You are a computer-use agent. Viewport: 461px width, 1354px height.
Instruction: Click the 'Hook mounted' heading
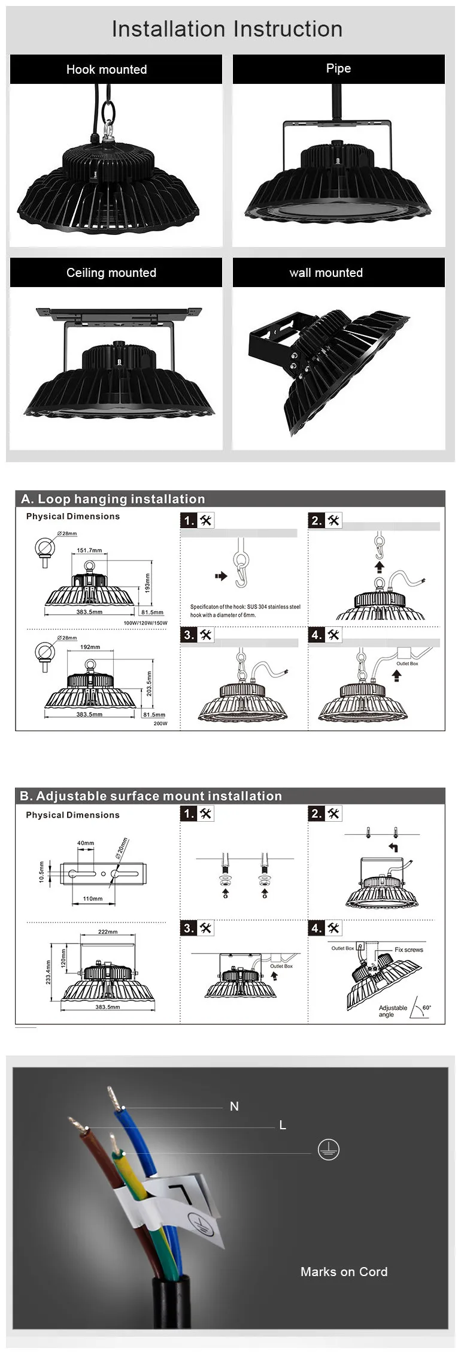[107, 70]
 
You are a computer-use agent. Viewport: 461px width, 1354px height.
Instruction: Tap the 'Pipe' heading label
[338, 68]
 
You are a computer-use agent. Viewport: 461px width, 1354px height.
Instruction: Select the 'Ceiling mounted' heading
[111, 273]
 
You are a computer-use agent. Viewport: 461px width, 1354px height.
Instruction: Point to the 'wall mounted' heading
[326, 273]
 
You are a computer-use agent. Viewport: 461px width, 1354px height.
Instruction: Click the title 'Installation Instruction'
[227, 29]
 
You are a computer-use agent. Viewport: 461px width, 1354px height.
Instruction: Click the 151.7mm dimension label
[89, 550]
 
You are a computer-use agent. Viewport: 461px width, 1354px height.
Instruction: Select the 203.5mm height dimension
[149, 683]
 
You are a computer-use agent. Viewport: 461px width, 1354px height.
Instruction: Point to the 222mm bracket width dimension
[108, 932]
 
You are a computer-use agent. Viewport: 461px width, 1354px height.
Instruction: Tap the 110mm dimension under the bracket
[92, 899]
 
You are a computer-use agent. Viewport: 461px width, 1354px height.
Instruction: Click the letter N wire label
[234, 1106]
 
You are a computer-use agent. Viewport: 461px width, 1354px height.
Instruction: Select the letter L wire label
[283, 1125]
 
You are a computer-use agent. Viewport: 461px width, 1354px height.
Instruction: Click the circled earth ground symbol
[328, 1149]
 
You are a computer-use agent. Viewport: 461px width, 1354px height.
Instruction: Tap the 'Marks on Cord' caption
[344, 1272]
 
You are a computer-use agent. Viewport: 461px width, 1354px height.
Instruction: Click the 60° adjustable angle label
[426, 1008]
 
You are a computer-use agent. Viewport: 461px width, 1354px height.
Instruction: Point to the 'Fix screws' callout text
[409, 950]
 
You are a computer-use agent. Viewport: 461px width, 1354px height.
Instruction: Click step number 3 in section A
[189, 635]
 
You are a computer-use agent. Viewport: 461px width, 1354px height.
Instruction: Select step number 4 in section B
[316, 928]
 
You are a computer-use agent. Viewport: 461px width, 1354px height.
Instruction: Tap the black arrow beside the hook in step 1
[221, 576]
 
